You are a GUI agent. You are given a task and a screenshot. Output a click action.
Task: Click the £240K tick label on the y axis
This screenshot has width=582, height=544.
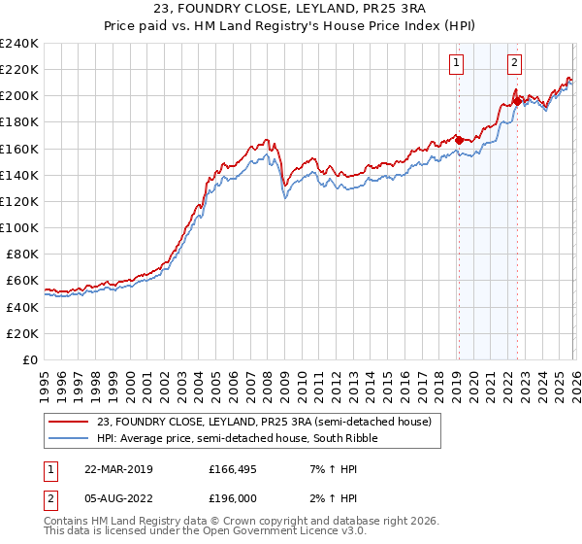(x=19, y=43)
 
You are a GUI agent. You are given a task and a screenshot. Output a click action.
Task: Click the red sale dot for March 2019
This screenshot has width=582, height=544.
(x=459, y=140)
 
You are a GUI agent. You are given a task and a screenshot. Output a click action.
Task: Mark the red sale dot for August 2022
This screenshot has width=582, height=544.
(x=517, y=100)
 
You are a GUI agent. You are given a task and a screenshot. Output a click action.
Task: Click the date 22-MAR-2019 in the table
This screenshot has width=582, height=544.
(x=119, y=469)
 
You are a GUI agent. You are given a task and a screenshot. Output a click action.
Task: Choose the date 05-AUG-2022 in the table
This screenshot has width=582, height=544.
(x=119, y=499)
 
